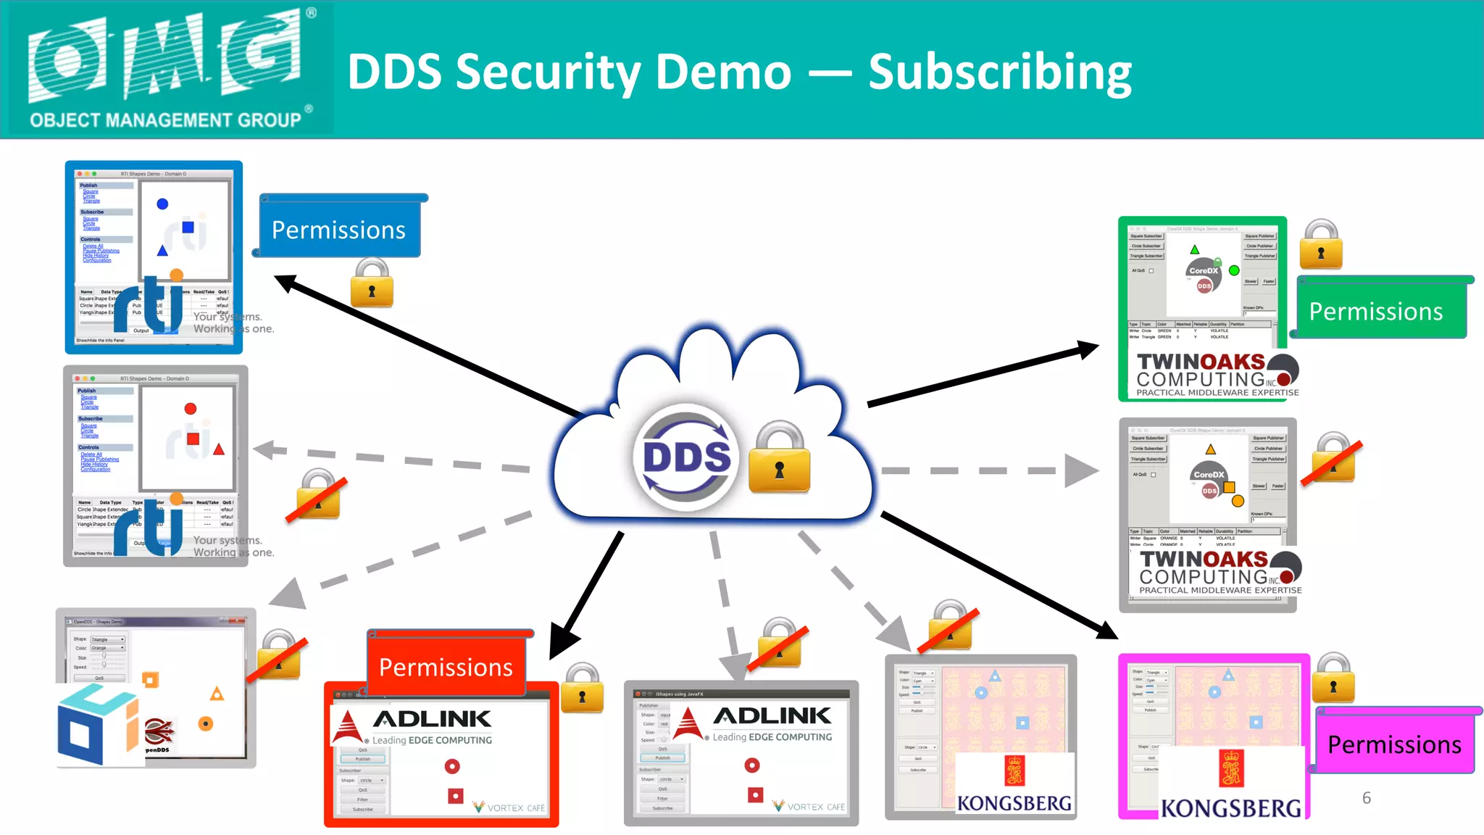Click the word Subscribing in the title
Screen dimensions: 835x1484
pyautogui.click(x=1000, y=72)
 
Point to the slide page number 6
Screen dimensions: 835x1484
pyautogui.click(x=1366, y=797)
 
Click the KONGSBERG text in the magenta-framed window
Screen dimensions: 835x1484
pyautogui.click(x=1230, y=808)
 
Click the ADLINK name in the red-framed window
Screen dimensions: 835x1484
pyautogui.click(x=433, y=719)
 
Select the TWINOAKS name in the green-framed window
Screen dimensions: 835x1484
pyautogui.click(x=1201, y=362)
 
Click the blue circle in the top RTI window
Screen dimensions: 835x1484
pyautogui.click(x=162, y=204)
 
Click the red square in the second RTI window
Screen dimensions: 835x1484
pyautogui.click(x=193, y=439)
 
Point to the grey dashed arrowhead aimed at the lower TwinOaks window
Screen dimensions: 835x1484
pyautogui.click(x=1082, y=470)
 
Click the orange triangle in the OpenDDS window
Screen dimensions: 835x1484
pyautogui.click(x=217, y=694)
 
